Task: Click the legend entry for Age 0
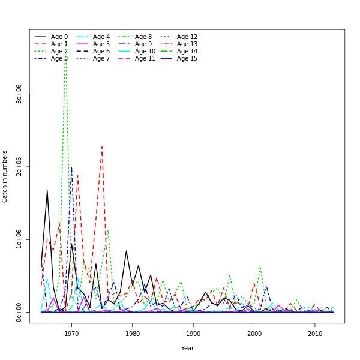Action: click(x=59, y=37)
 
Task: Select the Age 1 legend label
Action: click(x=59, y=44)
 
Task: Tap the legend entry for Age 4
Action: click(x=101, y=37)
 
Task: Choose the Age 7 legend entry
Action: click(x=101, y=59)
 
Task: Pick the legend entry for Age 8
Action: click(x=143, y=37)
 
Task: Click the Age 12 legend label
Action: click(x=187, y=37)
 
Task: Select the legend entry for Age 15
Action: click(x=187, y=59)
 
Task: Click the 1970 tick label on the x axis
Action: click(x=71, y=334)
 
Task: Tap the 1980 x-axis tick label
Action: click(x=133, y=334)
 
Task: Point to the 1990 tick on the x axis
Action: click(x=193, y=334)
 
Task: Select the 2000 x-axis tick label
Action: click(x=254, y=334)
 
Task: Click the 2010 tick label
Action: click(x=315, y=334)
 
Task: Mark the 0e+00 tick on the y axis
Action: click(x=19, y=312)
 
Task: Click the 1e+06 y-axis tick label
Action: click(x=19, y=239)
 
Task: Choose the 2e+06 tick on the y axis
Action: click(x=19, y=167)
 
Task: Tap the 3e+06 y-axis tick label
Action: click(x=19, y=94)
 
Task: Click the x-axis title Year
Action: click(x=187, y=348)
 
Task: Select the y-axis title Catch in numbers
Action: click(x=5, y=176)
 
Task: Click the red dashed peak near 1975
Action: click(x=102, y=146)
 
